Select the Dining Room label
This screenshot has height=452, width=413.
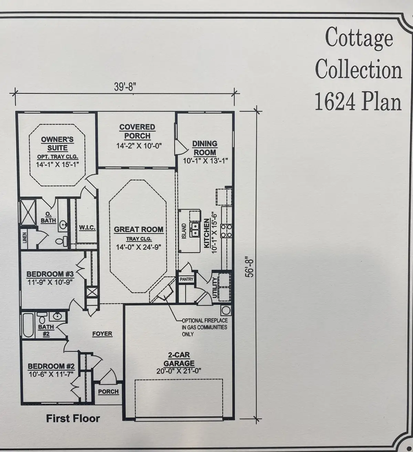coord(204,148)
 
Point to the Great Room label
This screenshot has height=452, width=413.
coord(139,229)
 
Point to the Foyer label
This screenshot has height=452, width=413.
coord(102,334)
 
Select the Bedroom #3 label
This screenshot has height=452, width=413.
coord(50,274)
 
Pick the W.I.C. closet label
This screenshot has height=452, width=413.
coord(87,228)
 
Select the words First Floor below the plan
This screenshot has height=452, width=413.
coord(73,419)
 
